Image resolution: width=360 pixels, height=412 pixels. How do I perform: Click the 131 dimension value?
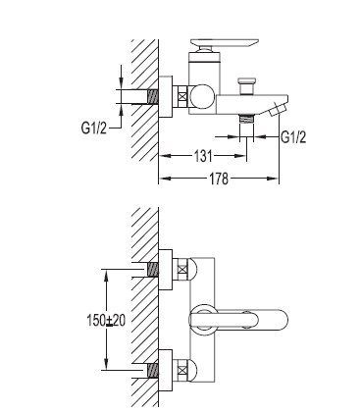point(203,156)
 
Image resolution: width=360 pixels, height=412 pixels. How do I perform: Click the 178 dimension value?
point(219,179)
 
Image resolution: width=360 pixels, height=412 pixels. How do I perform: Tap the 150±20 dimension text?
point(106,321)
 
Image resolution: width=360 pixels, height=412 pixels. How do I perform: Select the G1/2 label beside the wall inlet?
point(94,128)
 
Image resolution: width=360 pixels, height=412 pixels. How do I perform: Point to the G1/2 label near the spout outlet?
point(293,137)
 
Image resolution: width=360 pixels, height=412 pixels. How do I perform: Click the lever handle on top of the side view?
point(225,43)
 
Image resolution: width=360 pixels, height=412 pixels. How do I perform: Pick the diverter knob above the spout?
point(247,86)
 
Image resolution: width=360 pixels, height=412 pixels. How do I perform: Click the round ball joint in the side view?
point(203,97)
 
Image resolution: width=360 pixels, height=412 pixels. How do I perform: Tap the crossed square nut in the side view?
point(182,97)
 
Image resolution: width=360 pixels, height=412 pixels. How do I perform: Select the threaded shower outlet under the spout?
point(246,119)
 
